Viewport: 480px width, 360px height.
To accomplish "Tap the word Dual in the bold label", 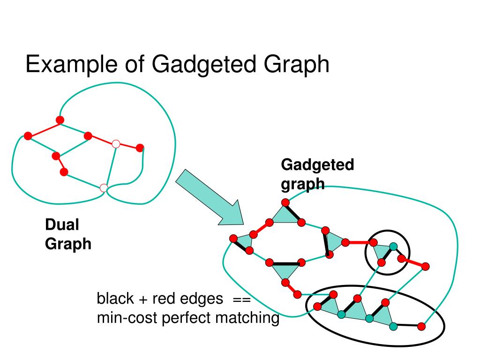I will point(62,225).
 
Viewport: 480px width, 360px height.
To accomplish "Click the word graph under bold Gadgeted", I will point(302,184).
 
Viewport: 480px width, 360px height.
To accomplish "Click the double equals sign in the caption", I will point(242,299).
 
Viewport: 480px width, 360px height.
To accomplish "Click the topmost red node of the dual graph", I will point(60,120).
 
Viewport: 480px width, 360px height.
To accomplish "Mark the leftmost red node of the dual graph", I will point(28,136).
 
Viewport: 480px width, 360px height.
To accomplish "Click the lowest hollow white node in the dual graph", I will point(104,188).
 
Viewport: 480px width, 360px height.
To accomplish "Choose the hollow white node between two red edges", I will point(116,144).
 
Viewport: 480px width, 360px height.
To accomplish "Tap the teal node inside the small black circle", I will point(393,246).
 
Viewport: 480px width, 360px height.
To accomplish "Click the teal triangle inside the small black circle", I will point(382,253).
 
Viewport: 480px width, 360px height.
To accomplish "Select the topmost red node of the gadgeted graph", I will point(285,202).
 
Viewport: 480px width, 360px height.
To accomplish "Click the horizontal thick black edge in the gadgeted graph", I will point(285,262).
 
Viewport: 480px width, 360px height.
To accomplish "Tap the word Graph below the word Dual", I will point(68,244).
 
